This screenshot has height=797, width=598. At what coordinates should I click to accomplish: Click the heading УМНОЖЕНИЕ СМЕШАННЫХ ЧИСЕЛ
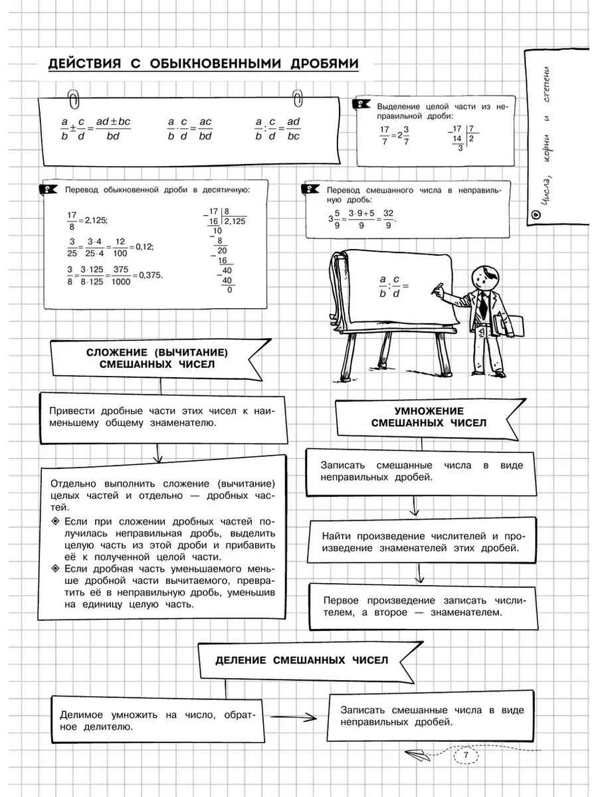[x=428, y=416]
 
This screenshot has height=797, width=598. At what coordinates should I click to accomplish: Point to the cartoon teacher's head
[x=483, y=277]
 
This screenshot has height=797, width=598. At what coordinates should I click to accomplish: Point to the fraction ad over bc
[x=294, y=130]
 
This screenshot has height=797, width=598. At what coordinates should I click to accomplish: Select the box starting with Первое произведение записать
[x=423, y=606]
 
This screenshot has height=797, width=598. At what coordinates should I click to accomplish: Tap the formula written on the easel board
[x=393, y=286]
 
